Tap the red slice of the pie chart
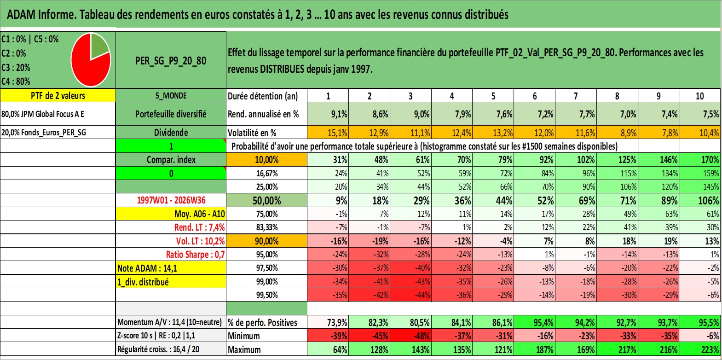87,66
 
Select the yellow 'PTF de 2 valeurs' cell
58,95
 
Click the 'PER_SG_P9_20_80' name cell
171,60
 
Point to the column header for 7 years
576,96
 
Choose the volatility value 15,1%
337,133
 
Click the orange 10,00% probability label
266,160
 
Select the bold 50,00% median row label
266,201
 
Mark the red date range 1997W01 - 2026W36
171,200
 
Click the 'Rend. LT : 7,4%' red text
199,227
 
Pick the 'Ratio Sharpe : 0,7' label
195,255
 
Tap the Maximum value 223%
710,350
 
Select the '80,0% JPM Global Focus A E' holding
42,114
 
